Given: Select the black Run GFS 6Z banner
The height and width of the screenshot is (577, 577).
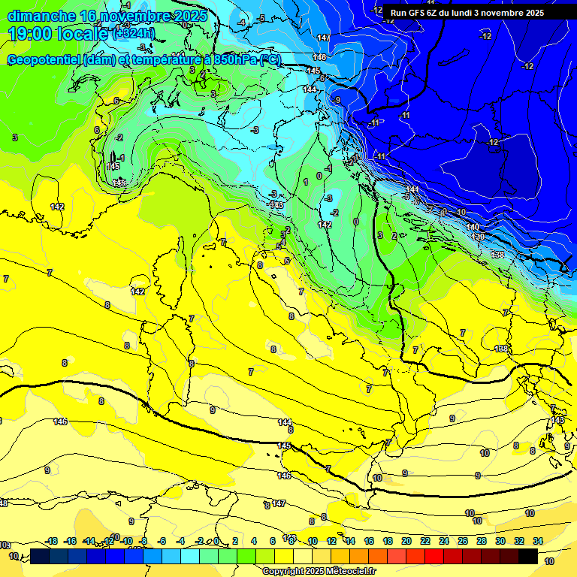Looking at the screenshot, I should (x=467, y=13).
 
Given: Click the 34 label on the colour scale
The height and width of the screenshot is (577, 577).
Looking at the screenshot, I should (x=538, y=541).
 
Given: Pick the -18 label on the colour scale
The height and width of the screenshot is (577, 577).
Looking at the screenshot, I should (x=51, y=541).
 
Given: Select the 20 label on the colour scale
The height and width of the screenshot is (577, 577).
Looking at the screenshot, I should (x=406, y=541).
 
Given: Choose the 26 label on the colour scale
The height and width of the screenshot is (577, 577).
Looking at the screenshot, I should (x=463, y=541).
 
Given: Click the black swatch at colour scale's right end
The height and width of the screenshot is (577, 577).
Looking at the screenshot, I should (x=528, y=556).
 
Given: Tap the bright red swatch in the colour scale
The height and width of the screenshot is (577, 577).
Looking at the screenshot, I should (x=434, y=556).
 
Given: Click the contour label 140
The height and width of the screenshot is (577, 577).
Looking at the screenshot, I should (x=473, y=227).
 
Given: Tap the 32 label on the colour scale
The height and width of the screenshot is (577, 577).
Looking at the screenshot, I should (x=519, y=541).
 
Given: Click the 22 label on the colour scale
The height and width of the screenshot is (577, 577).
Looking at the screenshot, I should (x=425, y=541).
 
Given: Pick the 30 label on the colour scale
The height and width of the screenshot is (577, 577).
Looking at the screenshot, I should (x=500, y=541).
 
